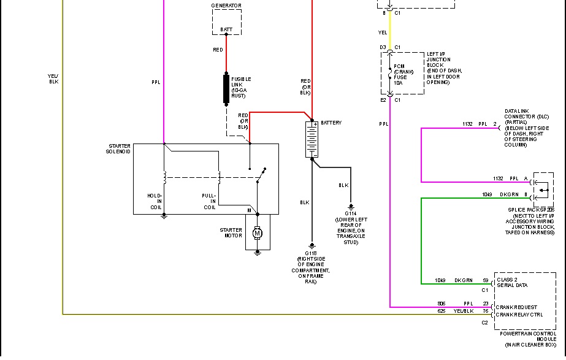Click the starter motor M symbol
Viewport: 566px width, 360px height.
pyautogui.click(x=258, y=233)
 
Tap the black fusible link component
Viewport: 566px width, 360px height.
pyautogui.click(x=226, y=88)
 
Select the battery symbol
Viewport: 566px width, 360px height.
pyautogui.click(x=312, y=139)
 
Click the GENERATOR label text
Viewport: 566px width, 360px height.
pyautogui.click(x=226, y=6)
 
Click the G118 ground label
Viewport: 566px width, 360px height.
pyautogui.click(x=312, y=253)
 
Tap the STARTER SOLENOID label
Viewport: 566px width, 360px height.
pyautogui.click(x=118, y=148)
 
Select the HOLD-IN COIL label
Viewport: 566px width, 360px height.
pyautogui.click(x=154, y=201)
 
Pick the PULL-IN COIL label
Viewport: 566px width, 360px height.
pyautogui.click(x=209, y=201)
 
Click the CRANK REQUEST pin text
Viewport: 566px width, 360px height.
pyautogui.click(x=517, y=307)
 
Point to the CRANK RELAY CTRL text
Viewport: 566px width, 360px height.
pyautogui.click(x=519, y=315)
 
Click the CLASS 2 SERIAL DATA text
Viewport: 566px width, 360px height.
pyautogui.click(x=512, y=282)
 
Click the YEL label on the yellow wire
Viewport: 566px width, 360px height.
pyautogui.click(x=383, y=33)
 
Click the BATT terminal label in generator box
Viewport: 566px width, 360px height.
pyautogui.click(x=226, y=29)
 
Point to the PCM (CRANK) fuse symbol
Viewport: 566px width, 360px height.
pyautogui.click(x=391, y=74)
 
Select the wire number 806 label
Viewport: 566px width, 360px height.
pyautogui.click(x=441, y=304)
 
